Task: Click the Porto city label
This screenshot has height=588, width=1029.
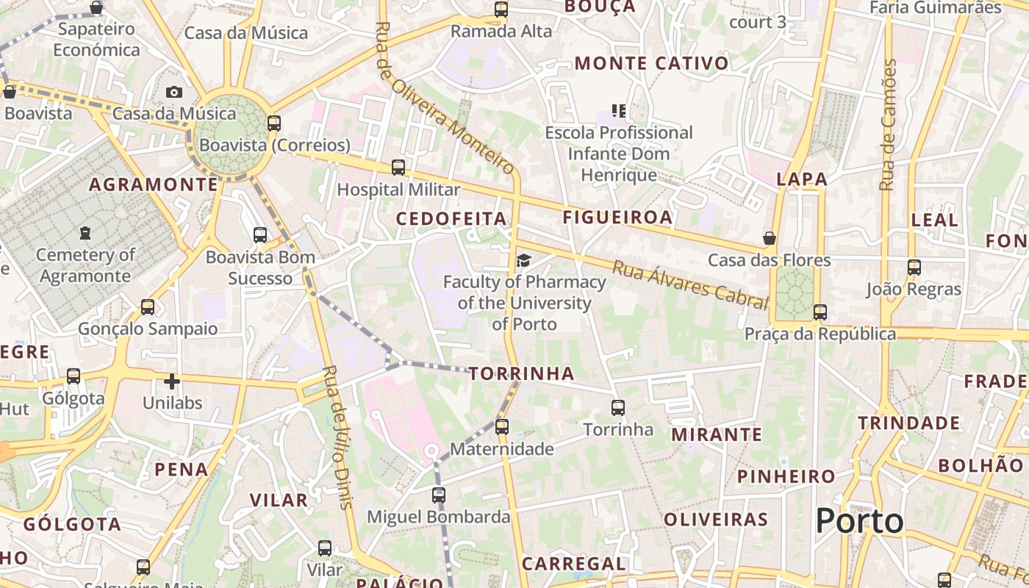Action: click(x=859, y=521)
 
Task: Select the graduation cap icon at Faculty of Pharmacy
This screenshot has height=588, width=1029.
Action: click(x=523, y=260)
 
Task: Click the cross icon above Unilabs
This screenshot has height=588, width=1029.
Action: click(x=171, y=381)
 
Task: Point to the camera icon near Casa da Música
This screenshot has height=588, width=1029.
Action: click(x=174, y=92)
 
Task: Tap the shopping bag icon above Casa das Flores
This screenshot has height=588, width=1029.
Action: click(x=770, y=238)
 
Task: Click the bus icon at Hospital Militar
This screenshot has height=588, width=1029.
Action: click(x=398, y=168)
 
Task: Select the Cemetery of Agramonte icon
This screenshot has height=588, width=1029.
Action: click(x=86, y=233)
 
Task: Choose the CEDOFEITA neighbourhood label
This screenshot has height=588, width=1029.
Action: click(x=451, y=218)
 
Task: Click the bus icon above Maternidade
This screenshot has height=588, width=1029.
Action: click(x=502, y=426)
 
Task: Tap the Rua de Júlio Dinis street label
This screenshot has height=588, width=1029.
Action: click(x=337, y=437)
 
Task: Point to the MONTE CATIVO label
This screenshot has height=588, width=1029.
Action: click(x=651, y=63)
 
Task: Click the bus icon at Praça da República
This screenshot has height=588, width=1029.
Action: click(x=820, y=312)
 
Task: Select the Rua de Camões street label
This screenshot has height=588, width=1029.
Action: click(x=889, y=125)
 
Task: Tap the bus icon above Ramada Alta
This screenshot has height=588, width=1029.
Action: click(x=501, y=10)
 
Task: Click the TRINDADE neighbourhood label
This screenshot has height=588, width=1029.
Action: click(x=909, y=423)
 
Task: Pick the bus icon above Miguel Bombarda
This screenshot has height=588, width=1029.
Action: click(x=439, y=495)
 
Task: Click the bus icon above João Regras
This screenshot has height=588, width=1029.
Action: click(x=914, y=268)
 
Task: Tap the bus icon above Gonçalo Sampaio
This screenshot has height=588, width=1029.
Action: click(x=148, y=306)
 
